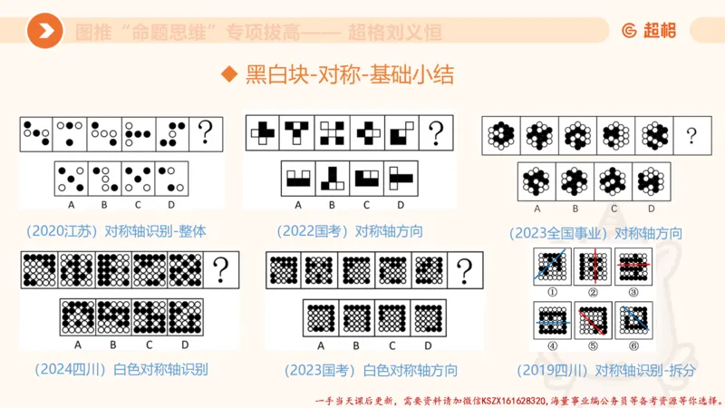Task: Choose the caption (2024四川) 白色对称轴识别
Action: pos(122,369)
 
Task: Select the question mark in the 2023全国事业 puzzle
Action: pos(691,136)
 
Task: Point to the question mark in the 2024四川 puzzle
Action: pos(220,269)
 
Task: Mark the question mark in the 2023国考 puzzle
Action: pos(465,269)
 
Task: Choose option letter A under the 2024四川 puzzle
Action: pos(79,345)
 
